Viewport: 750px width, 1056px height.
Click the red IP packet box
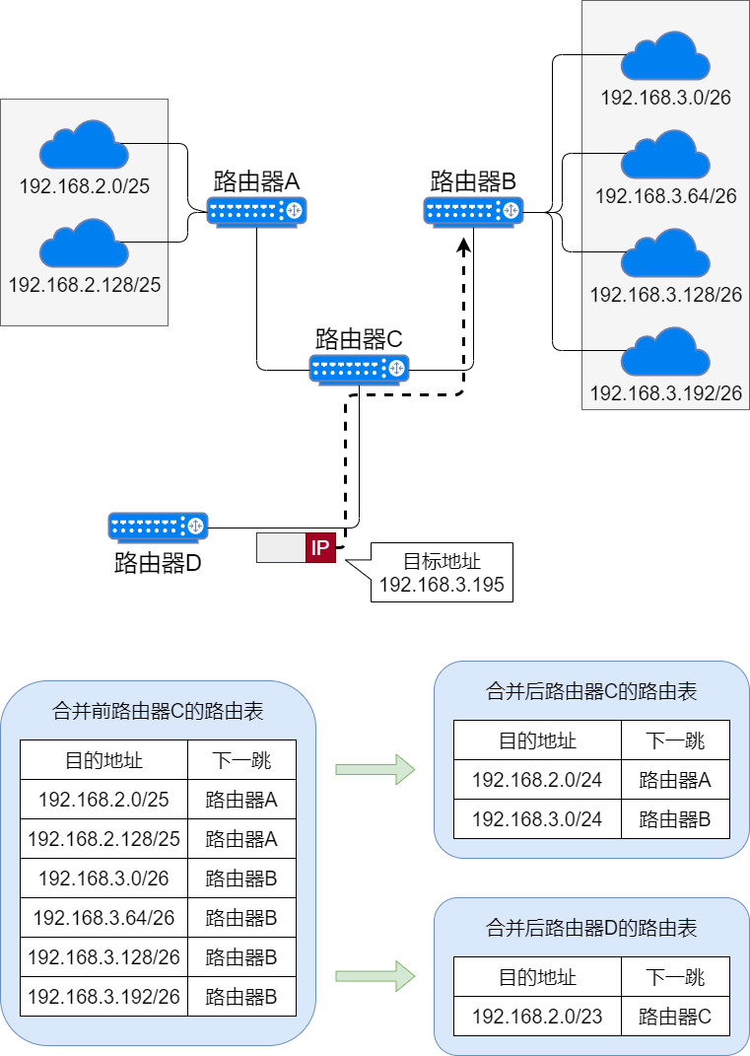[319, 548]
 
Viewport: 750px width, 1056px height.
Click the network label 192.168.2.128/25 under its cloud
[84, 285]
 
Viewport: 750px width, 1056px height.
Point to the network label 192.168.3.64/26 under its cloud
[665, 196]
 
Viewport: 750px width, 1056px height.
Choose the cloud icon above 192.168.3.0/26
[665, 56]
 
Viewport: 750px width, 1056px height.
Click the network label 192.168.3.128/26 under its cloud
[665, 295]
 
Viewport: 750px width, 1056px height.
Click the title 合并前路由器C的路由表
[158, 711]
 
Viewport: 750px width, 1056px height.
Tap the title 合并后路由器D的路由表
[591, 928]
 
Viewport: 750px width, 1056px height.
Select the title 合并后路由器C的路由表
[591, 691]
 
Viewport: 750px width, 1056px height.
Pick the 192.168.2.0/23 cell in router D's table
[537, 1017]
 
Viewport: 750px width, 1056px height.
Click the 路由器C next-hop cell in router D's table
[675, 1017]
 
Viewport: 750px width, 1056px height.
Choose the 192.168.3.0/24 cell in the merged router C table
[537, 819]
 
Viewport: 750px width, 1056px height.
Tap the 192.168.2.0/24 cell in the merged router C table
[537, 780]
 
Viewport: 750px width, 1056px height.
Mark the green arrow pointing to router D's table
[375, 976]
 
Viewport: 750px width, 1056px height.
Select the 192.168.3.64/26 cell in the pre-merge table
[103, 918]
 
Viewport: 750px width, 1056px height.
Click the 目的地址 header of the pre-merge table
[103, 760]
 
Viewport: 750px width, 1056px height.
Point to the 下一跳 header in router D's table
[675, 977]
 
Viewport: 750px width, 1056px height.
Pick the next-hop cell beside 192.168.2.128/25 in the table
[241, 839]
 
